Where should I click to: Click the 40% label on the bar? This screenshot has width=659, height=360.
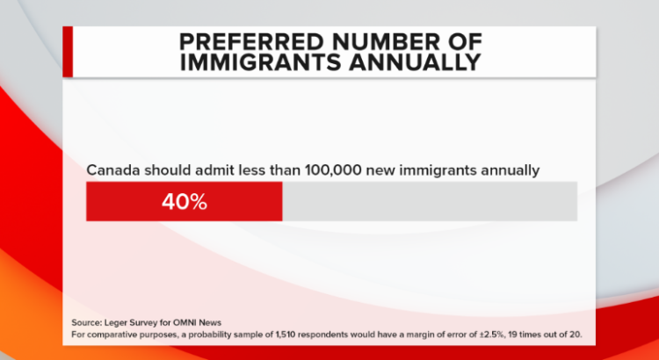[184, 201]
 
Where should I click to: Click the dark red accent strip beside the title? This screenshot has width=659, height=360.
[67, 51]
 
